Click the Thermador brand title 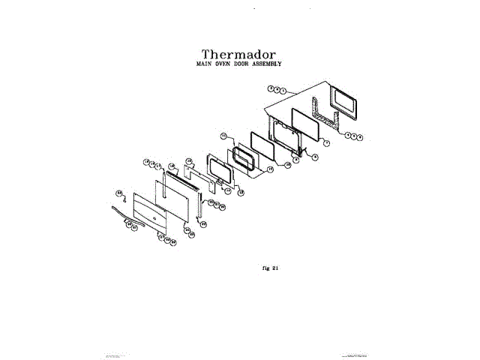(238, 54)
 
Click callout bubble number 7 (326, 142)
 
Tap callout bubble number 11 (223, 136)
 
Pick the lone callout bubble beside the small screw (118, 193)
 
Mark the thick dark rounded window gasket (244, 160)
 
